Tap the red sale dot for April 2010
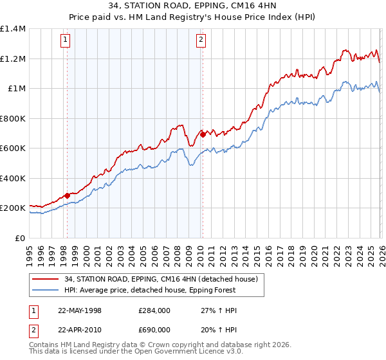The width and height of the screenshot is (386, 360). (202, 135)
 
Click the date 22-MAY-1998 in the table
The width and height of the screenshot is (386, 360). (80, 310)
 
